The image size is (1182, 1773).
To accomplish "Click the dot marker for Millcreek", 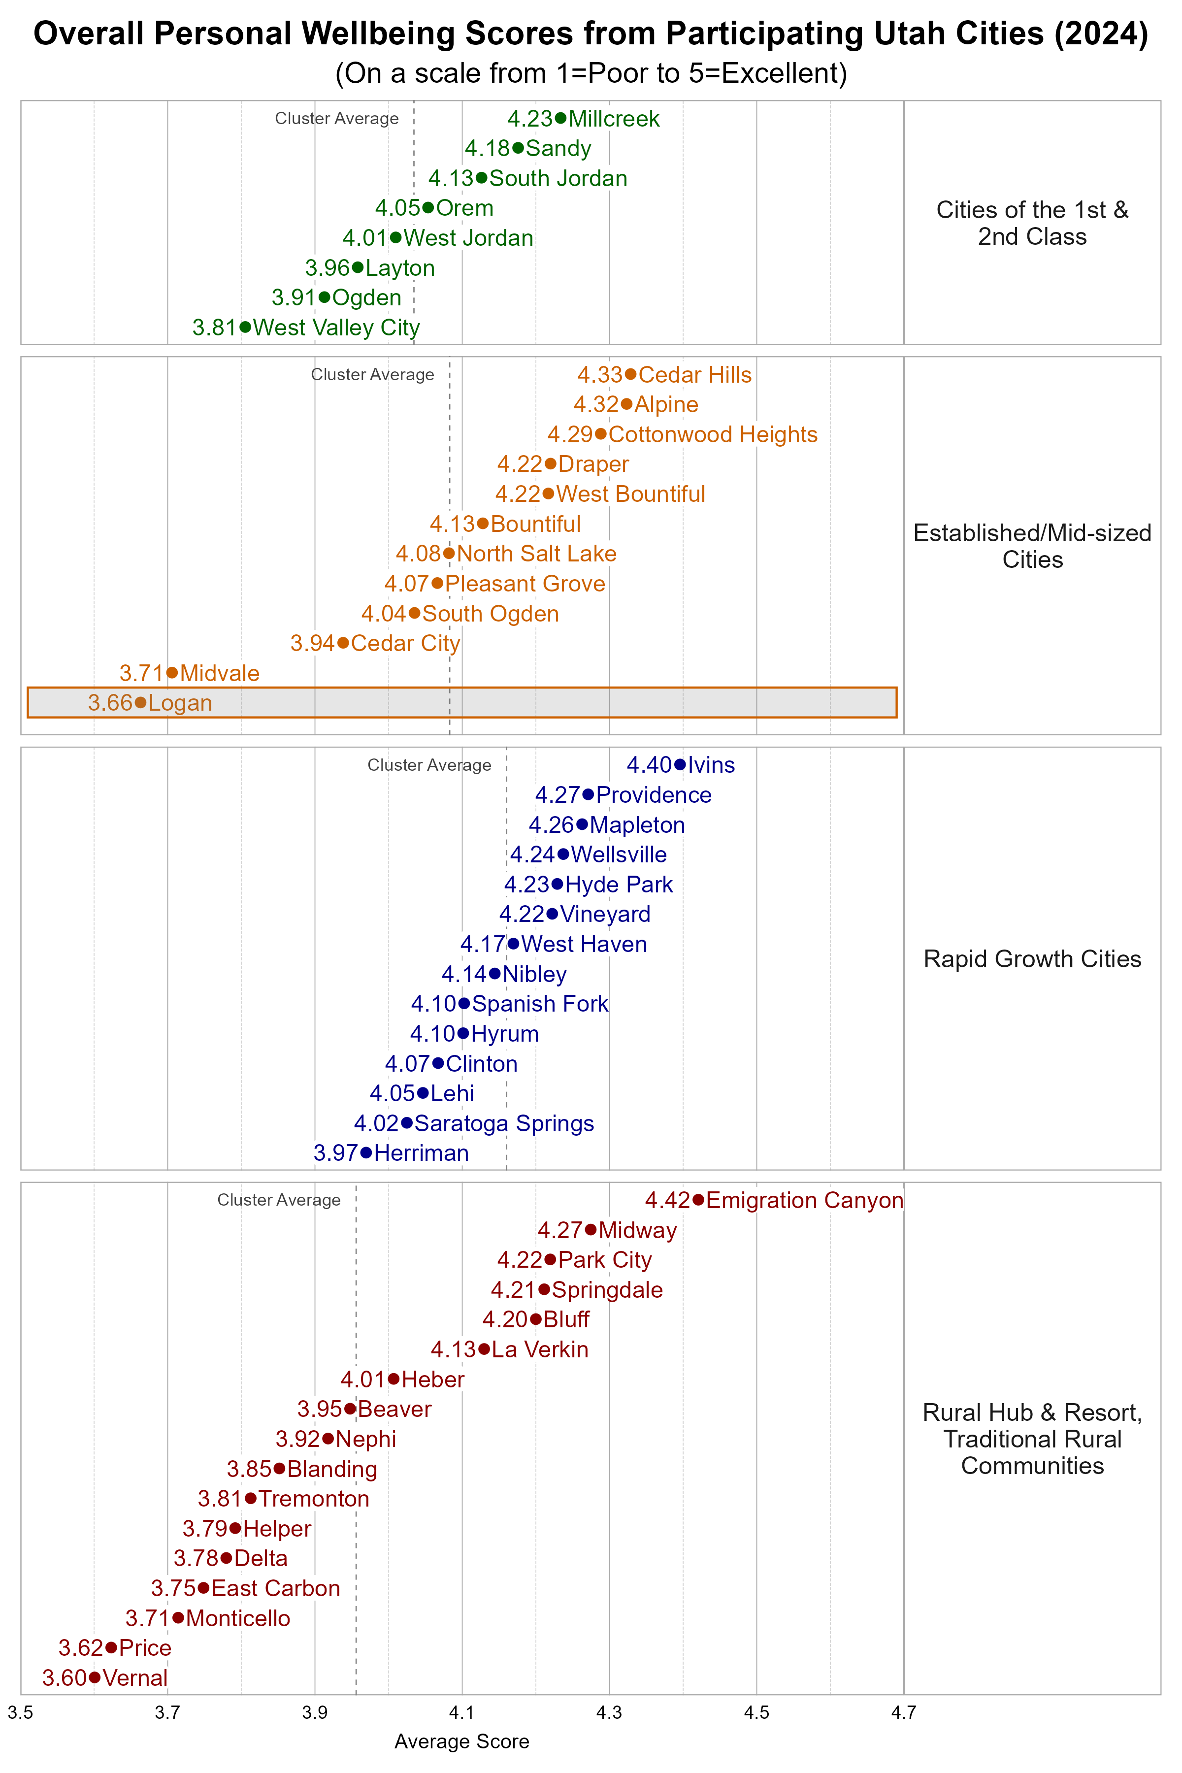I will (560, 118).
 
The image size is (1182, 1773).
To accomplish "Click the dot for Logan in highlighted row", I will (140, 703).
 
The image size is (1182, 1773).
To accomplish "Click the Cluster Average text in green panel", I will (336, 118).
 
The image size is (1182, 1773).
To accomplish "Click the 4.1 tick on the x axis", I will (461, 1713).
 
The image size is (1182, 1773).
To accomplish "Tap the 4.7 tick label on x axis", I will (903, 1713).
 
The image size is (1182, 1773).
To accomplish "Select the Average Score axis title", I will (461, 1741).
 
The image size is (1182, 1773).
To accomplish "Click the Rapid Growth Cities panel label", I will (1032, 959).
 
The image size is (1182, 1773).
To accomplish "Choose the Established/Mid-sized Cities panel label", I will (1032, 546).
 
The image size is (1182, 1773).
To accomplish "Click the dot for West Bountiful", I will (549, 494).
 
